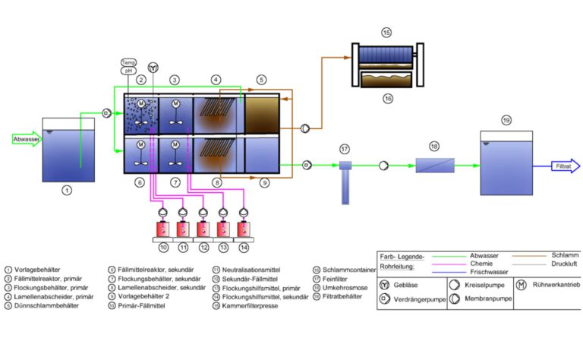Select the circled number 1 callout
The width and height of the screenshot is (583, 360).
(67, 190)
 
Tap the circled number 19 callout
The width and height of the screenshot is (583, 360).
(506, 120)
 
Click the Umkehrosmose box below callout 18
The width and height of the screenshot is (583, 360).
(434, 165)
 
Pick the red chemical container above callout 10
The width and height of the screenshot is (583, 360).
(162, 229)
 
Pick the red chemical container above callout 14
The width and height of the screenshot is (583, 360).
(243, 229)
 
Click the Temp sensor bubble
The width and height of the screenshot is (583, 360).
(129, 62)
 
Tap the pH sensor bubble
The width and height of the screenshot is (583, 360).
(129, 70)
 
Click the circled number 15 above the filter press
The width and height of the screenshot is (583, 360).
(386, 33)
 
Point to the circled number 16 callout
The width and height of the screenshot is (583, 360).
(386, 98)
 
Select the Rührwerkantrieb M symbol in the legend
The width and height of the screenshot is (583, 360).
(522, 285)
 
